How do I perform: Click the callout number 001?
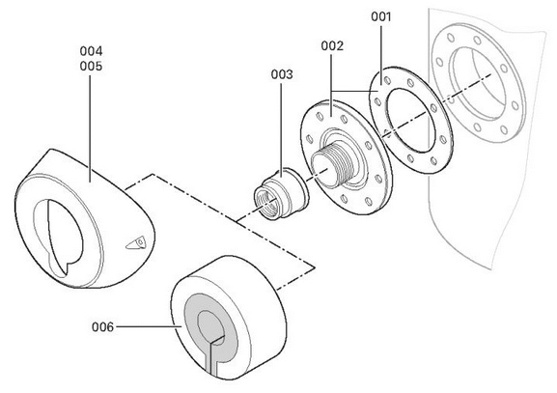[380, 16]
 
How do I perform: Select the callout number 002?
[332, 45]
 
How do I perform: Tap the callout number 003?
[282, 74]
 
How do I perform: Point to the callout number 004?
[91, 51]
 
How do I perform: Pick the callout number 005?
[91, 66]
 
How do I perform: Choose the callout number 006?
[103, 327]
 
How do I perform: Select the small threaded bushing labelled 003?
[281, 194]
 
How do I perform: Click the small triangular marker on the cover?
[137, 243]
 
